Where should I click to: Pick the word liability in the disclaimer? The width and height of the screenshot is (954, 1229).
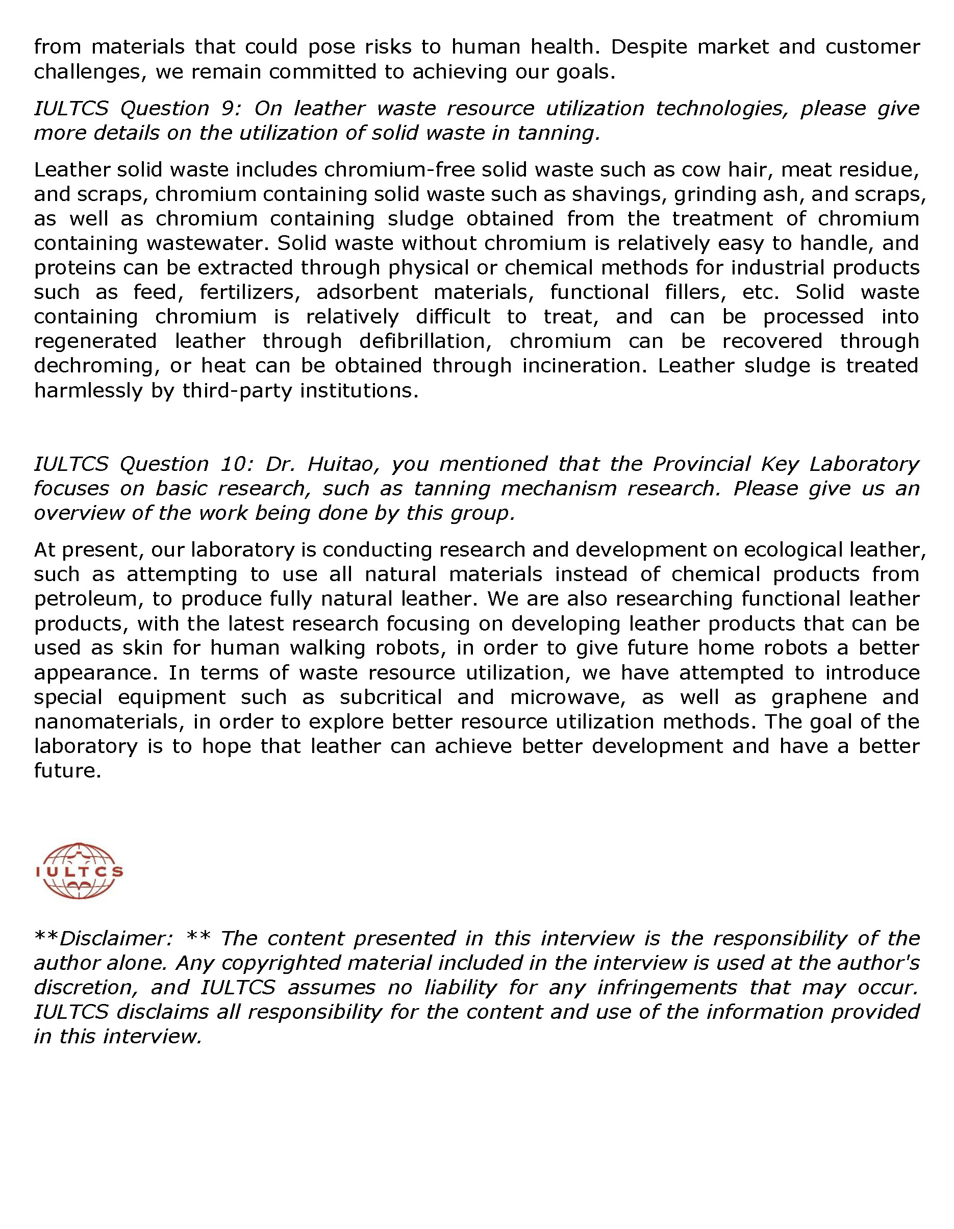pos(455,988)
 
